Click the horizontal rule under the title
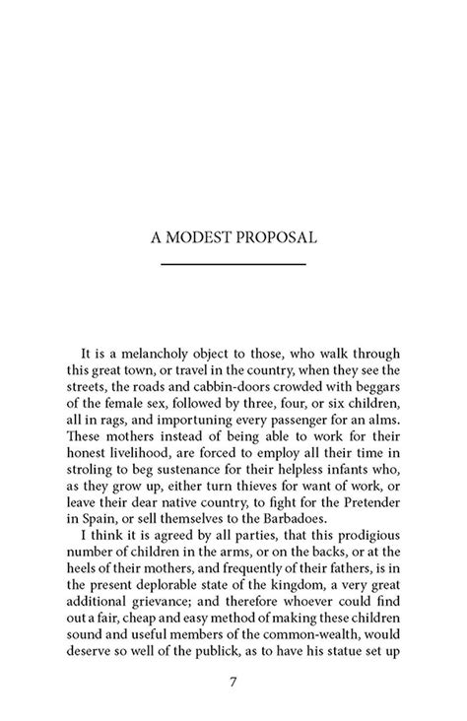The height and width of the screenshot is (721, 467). [x=233, y=265]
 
